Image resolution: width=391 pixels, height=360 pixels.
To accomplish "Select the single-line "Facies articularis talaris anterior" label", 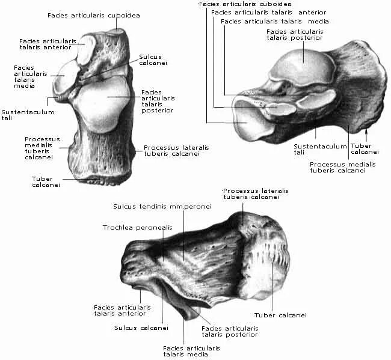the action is coord(268,12).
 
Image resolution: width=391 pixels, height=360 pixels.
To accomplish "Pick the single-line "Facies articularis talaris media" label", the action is coord(274,22).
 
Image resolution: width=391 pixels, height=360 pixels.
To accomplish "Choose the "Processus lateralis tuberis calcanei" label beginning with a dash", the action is coord(254,194).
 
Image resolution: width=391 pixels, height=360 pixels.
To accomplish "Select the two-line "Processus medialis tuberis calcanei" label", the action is coord(337,167).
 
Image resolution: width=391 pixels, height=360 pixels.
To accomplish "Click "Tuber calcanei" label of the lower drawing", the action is coord(280,315).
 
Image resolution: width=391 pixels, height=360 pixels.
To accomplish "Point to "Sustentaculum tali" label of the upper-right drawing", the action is coord(312,149).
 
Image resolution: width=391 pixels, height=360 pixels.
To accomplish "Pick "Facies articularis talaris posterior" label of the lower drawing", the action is coord(230,332).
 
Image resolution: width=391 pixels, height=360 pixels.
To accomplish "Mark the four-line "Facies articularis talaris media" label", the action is coord(24,78).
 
